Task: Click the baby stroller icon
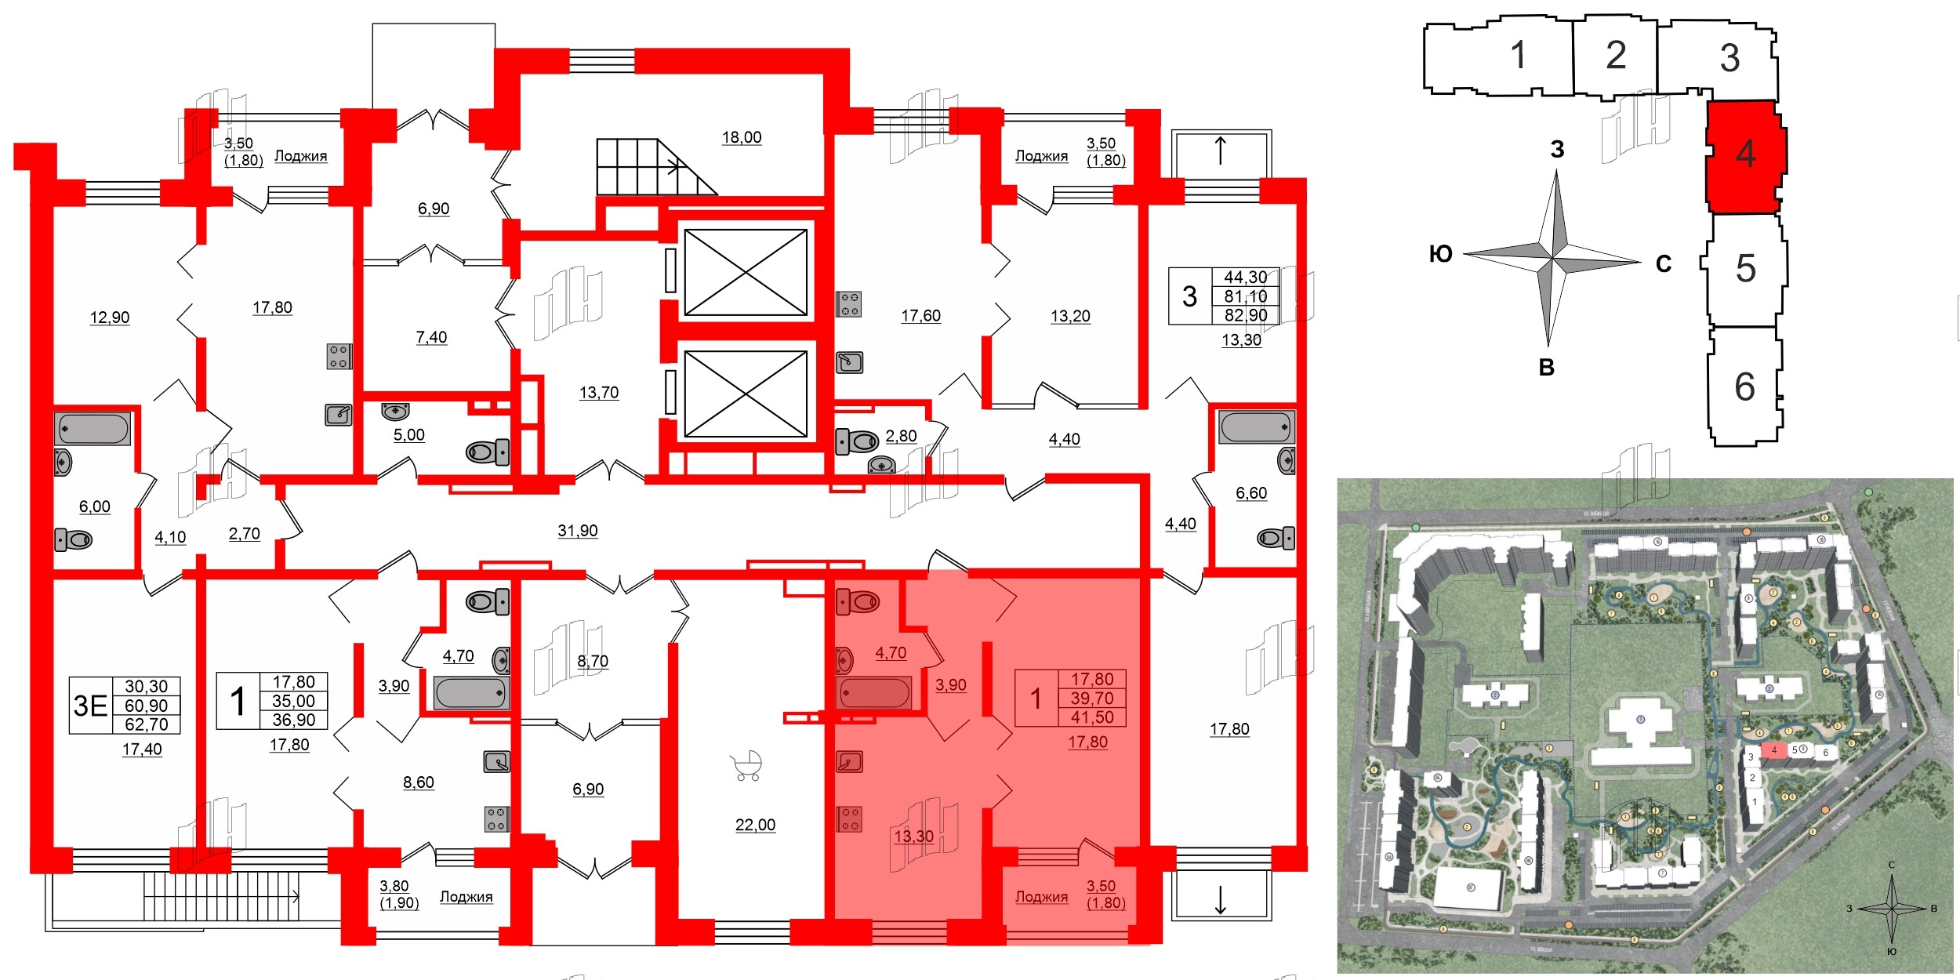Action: tap(746, 766)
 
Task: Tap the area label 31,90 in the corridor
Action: tap(577, 531)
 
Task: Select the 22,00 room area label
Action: tap(755, 825)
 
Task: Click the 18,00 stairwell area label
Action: tap(742, 137)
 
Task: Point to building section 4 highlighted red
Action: tap(1745, 154)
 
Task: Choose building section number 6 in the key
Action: tap(1744, 387)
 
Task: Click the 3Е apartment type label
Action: tap(90, 706)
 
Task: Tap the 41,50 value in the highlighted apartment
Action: tap(1092, 717)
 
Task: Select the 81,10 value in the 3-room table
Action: tap(1245, 296)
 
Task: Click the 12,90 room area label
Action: tap(110, 318)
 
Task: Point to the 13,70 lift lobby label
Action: tap(599, 393)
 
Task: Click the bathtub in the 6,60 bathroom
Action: tap(1256, 427)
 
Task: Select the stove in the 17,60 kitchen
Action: tap(849, 303)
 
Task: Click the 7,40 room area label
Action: tap(431, 337)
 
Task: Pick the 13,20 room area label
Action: tap(1070, 316)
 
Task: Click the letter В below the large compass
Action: tap(1546, 368)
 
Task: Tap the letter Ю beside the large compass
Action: tap(1440, 254)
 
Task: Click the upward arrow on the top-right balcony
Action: tap(1220, 150)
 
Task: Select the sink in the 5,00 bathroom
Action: tap(396, 410)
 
